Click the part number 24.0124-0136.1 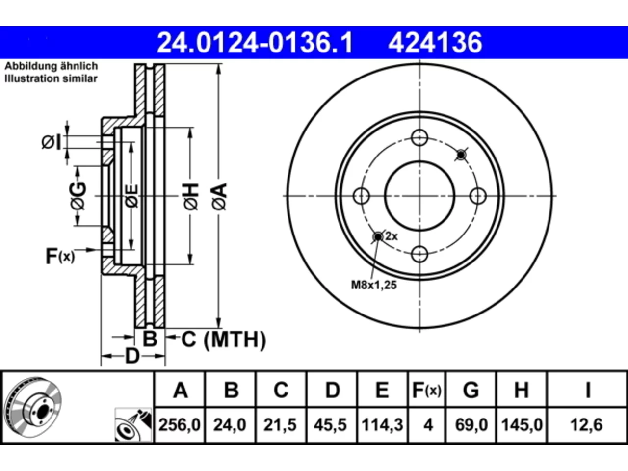255,43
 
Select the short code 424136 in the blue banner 435,43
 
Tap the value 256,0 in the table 180,425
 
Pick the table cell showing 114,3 382,425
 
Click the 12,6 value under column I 586,425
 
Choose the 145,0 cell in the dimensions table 522,425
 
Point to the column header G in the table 471,390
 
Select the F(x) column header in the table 427,390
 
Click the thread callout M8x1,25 374,285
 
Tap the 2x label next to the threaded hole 392,236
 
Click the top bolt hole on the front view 419,137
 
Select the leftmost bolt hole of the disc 362,196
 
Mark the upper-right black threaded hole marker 461,155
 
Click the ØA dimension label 219,196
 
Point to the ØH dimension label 191,196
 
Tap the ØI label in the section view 51,142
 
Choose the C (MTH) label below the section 223,340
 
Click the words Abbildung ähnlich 51,66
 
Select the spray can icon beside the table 133,425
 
